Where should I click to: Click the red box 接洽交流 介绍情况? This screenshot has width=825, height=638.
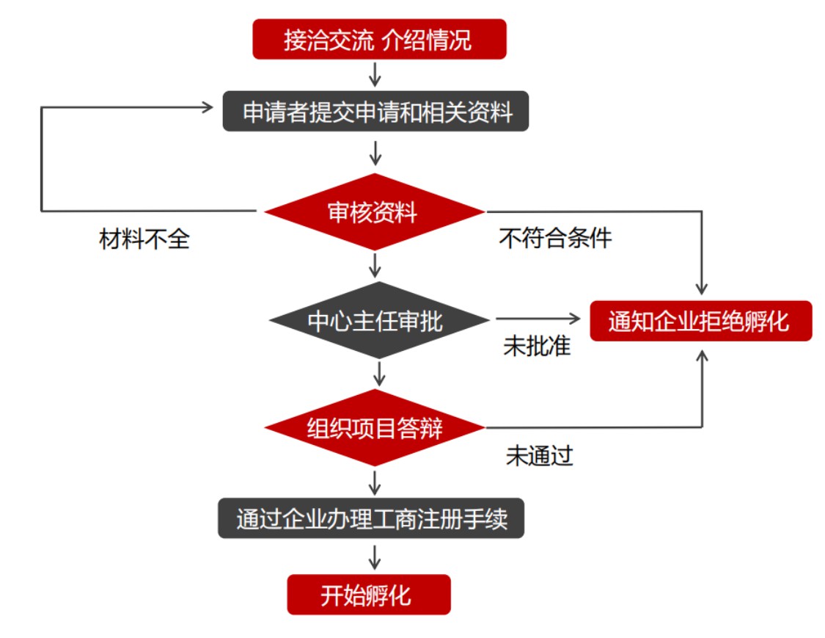coord(379,40)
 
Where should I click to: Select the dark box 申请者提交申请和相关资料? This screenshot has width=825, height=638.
coord(375,112)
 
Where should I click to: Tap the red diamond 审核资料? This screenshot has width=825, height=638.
coord(374,212)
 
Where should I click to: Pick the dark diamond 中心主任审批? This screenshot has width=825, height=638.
coord(378,320)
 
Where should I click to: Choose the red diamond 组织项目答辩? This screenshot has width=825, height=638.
coord(375,428)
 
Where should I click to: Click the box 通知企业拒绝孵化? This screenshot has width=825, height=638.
coord(700,321)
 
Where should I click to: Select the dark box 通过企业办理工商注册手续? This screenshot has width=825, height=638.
coord(371,518)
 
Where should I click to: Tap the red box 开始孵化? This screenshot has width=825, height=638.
coord(368,595)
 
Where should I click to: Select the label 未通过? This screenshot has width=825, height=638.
coord(540,456)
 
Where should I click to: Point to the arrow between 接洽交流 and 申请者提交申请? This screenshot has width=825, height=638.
coord(375,75)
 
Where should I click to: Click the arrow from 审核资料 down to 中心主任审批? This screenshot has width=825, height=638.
coord(375,264)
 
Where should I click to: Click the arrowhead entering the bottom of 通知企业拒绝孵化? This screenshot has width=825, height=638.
coord(703,355)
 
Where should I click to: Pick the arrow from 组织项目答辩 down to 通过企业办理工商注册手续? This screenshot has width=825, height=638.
coord(375,482)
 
